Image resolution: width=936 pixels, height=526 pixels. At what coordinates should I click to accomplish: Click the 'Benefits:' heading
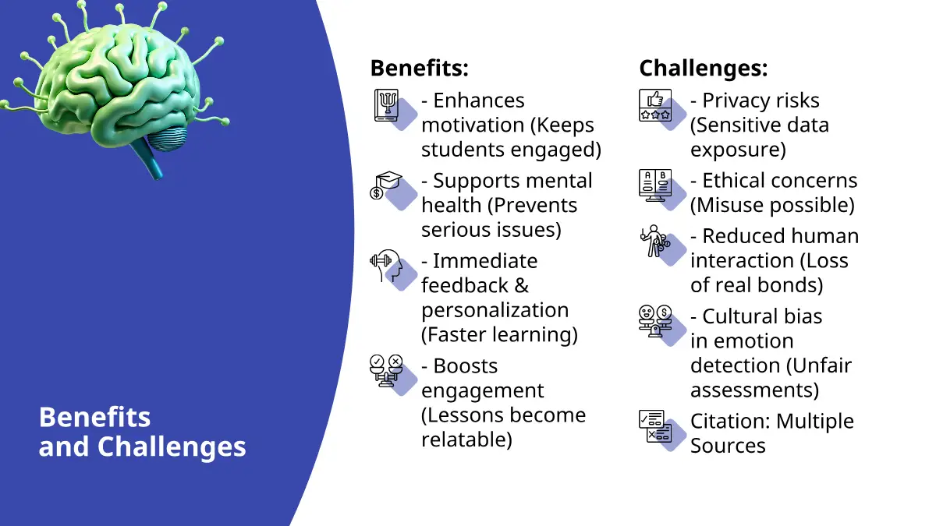tap(419, 68)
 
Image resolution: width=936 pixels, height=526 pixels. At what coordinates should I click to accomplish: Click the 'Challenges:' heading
tap(704, 68)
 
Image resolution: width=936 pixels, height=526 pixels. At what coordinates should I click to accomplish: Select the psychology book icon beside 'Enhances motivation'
tap(387, 105)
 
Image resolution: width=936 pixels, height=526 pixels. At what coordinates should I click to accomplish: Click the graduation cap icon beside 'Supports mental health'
tap(386, 185)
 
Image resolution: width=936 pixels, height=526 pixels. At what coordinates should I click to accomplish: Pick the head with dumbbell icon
tap(386, 266)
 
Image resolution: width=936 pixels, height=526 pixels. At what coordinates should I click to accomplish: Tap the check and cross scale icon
tap(386, 371)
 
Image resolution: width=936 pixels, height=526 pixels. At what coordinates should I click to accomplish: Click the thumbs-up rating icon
tap(655, 105)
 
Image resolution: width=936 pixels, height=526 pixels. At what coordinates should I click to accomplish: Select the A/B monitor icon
tap(655, 185)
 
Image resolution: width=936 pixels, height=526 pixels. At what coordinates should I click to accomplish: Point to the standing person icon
tap(654, 242)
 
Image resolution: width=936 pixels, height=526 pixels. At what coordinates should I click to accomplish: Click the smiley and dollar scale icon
tap(655, 321)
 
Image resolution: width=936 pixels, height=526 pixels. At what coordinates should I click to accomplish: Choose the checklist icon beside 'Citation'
tap(655, 425)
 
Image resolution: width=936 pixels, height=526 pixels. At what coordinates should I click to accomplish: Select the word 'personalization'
tap(495, 311)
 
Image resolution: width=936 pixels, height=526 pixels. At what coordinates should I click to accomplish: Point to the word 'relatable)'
tap(466, 440)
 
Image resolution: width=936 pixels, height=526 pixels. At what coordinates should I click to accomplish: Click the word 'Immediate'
tap(485, 261)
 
